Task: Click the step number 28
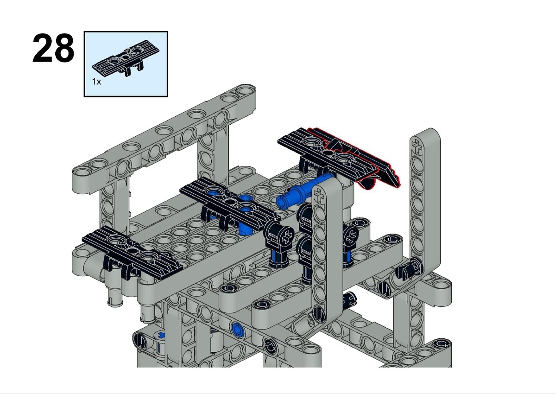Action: coord(53,48)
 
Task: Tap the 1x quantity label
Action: coord(96,82)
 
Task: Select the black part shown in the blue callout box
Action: coord(126,57)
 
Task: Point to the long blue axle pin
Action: coord(305,191)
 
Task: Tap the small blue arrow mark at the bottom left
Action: coord(162,336)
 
